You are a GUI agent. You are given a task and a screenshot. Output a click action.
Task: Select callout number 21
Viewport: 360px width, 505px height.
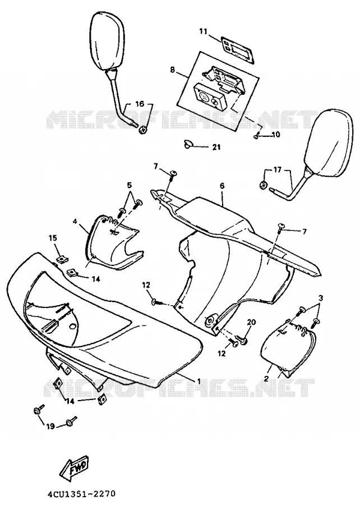(x=216, y=147)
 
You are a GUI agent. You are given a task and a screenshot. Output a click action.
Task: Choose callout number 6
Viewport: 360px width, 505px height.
(x=222, y=186)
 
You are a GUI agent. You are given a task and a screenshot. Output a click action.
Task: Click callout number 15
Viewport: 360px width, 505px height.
(x=53, y=238)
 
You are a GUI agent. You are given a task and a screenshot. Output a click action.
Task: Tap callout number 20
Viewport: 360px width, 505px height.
(x=251, y=322)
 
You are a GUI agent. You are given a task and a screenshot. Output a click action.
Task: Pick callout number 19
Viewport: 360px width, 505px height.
(x=50, y=426)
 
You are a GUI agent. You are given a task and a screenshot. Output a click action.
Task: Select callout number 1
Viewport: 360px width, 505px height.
(x=199, y=381)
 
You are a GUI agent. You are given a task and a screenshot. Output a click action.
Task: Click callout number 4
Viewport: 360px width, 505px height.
(x=75, y=221)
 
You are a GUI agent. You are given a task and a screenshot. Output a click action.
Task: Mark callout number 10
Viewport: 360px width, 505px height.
(x=276, y=134)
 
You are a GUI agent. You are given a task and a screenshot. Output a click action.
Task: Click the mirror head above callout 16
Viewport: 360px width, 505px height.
(x=107, y=40)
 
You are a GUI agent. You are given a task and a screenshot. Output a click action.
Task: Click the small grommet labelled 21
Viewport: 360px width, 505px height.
(x=187, y=144)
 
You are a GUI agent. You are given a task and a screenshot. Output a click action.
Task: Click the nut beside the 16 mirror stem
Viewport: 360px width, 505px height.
(x=144, y=130)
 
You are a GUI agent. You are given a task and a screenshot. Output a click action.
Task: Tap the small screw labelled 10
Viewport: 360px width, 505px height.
(x=256, y=136)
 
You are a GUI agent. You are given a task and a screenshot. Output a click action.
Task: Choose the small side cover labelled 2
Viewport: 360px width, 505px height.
(x=288, y=349)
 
